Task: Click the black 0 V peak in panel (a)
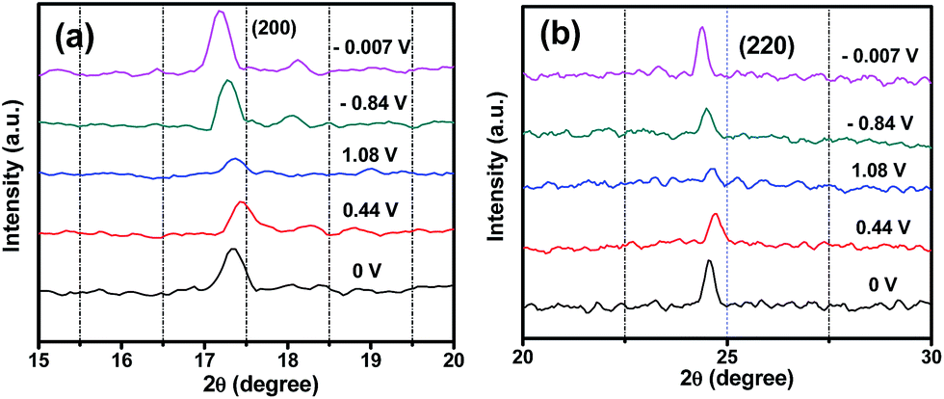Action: (x=232, y=250)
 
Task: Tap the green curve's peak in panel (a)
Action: (x=227, y=82)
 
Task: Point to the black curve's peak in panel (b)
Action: (x=709, y=261)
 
